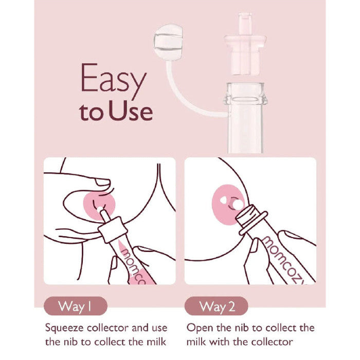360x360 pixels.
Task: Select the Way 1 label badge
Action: pos(75,306)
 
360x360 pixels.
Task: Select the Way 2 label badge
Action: pos(217,306)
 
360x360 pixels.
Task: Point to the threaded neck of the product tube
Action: pos(245,94)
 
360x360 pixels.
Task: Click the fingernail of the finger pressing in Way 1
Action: pos(103,183)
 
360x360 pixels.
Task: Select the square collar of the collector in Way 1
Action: pos(113,229)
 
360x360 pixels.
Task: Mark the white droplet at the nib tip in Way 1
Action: pos(100,209)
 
